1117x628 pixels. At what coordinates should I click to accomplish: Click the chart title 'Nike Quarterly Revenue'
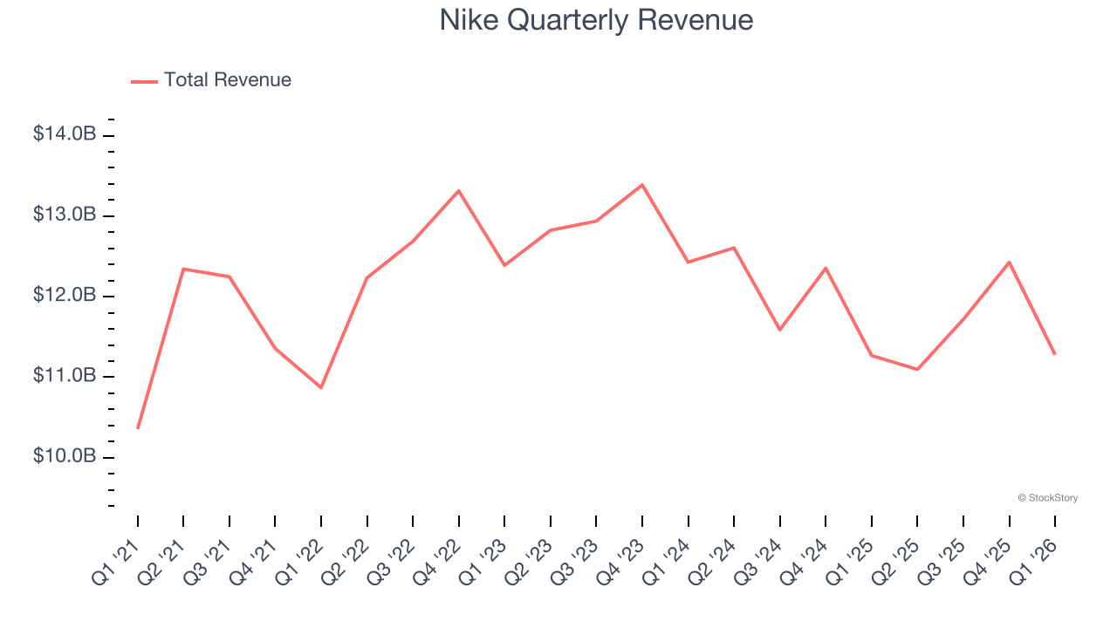coord(596,20)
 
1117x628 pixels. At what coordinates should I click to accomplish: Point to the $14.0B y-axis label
coord(65,134)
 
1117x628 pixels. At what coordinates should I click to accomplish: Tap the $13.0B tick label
coord(65,215)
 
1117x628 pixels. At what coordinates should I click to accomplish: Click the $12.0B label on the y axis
coord(65,296)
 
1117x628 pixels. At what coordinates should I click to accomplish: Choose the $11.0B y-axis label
coord(65,376)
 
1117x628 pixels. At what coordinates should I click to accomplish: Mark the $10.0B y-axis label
coord(65,457)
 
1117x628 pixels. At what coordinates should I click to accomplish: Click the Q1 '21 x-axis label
coord(117,563)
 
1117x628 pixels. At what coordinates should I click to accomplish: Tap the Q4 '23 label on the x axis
coord(621,563)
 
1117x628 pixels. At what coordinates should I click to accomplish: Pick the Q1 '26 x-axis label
coord(1034,563)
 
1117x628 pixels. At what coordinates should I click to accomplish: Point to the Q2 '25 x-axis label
coord(897,563)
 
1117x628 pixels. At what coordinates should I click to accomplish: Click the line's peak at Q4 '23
coord(642,185)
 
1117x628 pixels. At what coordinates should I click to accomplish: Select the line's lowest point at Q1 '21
coord(138,428)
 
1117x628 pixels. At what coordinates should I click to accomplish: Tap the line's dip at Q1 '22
coord(321,387)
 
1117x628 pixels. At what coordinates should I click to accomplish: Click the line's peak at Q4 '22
coord(459,190)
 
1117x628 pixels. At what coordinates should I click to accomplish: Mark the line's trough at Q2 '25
coord(917,369)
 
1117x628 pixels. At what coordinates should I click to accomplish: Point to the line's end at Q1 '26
coord(1055,354)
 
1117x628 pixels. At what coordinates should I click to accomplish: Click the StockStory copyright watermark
coord(1048,498)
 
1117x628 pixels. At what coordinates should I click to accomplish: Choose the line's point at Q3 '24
coord(779,330)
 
